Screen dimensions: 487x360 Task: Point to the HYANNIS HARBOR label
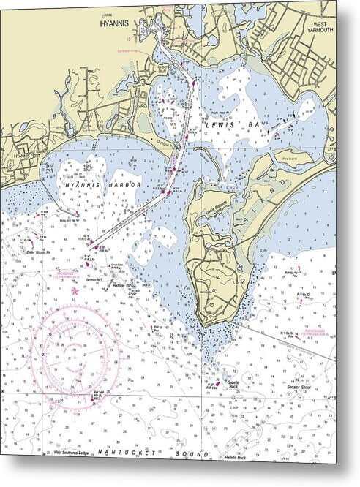102,186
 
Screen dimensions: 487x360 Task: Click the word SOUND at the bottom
195,454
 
